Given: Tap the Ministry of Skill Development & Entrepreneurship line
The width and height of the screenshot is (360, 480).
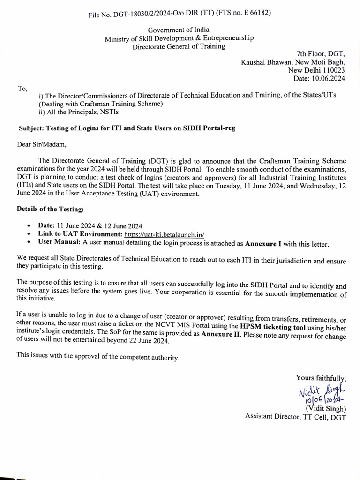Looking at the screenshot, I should pos(179,38).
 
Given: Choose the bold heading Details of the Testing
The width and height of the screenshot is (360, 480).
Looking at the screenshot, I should pos(51,209).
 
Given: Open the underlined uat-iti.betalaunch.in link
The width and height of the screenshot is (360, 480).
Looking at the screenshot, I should pos(165,234).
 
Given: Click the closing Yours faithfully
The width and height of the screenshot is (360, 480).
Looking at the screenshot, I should pos(321,377).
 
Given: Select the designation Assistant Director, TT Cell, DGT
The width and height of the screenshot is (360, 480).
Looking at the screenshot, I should pos(295,416).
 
